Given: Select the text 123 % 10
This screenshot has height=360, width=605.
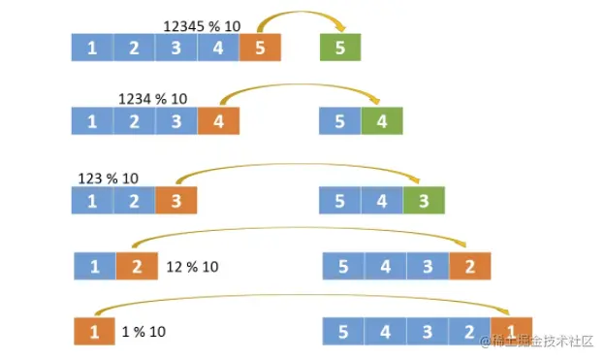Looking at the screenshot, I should [108, 178].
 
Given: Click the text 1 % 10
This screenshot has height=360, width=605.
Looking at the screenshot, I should [144, 332].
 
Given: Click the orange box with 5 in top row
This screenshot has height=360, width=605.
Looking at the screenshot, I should [260, 48].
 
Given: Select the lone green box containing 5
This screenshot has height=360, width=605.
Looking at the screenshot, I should [340, 48].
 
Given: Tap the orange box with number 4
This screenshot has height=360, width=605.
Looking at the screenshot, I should [218, 121].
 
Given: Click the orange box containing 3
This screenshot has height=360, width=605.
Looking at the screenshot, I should [175, 201].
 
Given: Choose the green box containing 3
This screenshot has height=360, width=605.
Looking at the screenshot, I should [423, 201].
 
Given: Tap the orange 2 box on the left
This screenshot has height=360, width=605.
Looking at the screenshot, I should [137, 266].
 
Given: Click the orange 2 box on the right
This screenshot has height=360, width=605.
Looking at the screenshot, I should [469, 266].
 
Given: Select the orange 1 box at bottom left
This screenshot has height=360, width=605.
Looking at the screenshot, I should [94, 332].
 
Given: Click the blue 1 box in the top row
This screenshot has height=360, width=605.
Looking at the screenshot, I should [92, 48].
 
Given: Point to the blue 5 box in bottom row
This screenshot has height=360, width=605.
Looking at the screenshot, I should [343, 332].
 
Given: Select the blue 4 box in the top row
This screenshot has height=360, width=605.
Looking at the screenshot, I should [218, 48].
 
